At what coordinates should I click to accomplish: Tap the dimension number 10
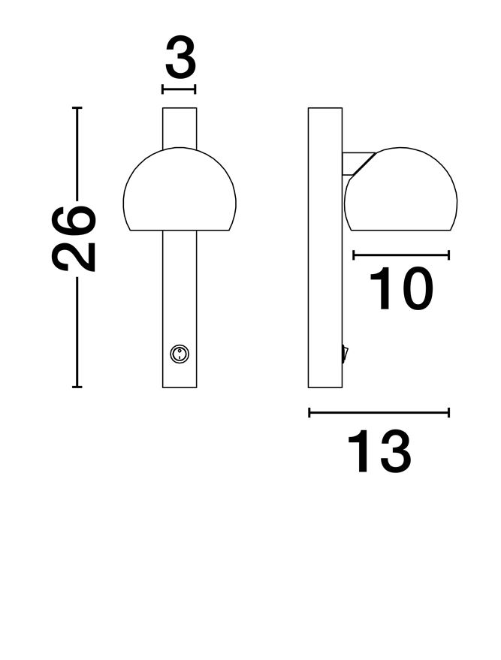click(x=401, y=289)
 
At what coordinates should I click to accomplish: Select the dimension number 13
click(x=379, y=452)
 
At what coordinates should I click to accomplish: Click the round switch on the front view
click(x=179, y=354)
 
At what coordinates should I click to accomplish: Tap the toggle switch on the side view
click(x=345, y=353)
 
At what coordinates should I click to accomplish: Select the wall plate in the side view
click(x=324, y=248)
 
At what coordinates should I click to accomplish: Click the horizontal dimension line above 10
click(x=401, y=255)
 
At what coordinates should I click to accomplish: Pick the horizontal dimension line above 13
click(x=379, y=412)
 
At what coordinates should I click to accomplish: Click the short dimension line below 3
click(x=179, y=89)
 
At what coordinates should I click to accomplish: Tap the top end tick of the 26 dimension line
click(x=77, y=108)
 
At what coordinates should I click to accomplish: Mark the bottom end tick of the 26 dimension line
click(x=77, y=387)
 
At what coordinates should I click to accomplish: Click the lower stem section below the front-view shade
click(x=180, y=300)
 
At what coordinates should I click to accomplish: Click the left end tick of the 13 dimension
click(x=309, y=412)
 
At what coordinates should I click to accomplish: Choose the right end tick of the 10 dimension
click(x=448, y=255)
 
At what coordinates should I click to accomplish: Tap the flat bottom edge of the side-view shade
click(x=402, y=230)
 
